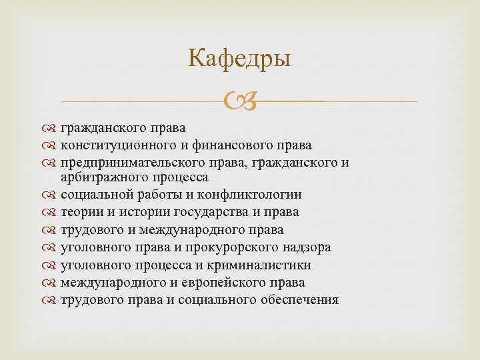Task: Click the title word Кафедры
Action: tap(240, 59)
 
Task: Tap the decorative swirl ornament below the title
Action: tap(240, 102)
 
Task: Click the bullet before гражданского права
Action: tap(51, 127)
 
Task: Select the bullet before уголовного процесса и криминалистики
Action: tap(51, 265)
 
